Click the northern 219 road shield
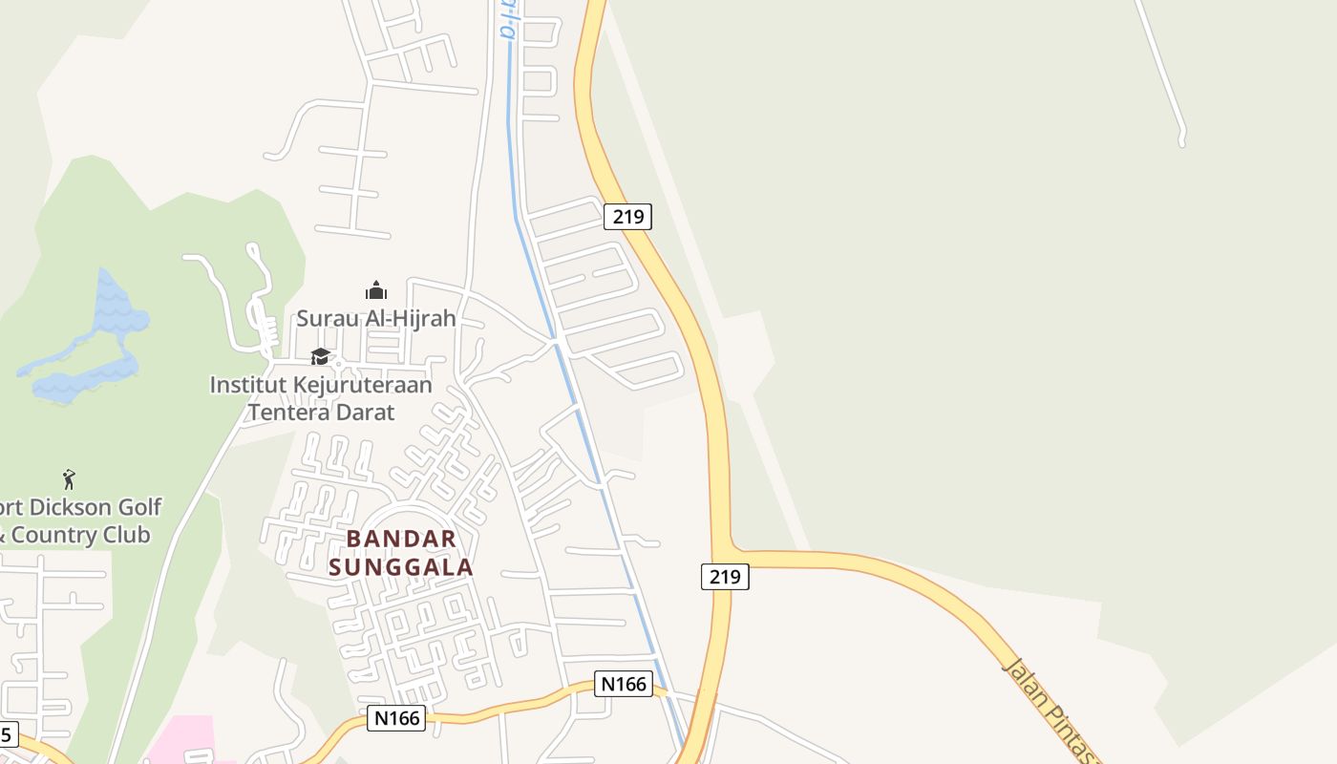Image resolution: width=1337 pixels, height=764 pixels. click(627, 217)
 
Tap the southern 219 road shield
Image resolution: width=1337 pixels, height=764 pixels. click(725, 577)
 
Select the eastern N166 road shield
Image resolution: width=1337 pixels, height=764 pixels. click(624, 684)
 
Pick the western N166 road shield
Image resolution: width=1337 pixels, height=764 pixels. click(396, 718)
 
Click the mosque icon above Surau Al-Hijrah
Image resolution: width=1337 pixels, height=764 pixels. click(376, 290)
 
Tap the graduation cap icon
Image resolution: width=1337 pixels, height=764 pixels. click(320, 356)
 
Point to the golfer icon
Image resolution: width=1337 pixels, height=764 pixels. click(69, 479)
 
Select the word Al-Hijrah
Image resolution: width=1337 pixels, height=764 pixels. click(408, 318)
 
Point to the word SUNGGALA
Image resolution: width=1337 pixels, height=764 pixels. click(401, 567)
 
